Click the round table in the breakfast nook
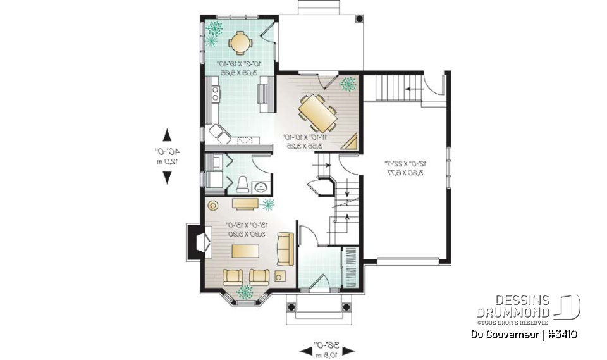click(240, 42)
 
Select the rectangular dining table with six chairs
click(317, 113)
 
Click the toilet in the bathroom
click(242, 183)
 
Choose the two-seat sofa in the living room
click(285, 249)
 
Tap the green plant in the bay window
click(244, 291)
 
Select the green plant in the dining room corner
click(347, 84)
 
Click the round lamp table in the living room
click(213, 205)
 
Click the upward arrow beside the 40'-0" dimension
click(167, 135)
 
